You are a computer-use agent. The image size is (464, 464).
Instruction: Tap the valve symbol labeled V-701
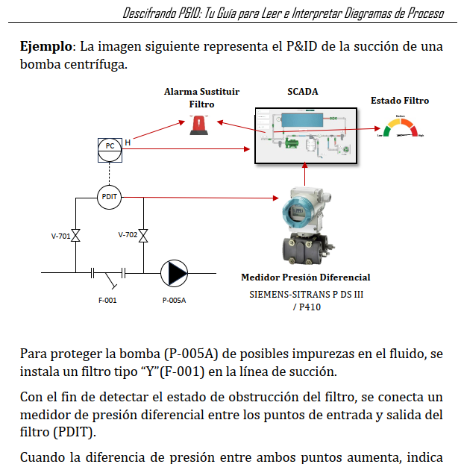pyautogui.click(x=76, y=236)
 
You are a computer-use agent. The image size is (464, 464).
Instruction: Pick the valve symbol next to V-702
pyautogui.click(x=143, y=236)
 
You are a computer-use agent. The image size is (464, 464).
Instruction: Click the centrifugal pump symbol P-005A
pyautogui.click(x=174, y=274)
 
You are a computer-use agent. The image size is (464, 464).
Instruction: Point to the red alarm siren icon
pyautogui.click(x=199, y=125)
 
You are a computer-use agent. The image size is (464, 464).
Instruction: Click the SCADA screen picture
pyautogui.click(x=306, y=136)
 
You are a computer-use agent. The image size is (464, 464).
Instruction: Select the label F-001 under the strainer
pyautogui.click(x=107, y=301)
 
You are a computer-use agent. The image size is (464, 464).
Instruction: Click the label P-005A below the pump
pyautogui.click(x=174, y=301)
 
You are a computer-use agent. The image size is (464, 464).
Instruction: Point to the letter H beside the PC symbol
pyautogui.click(x=128, y=142)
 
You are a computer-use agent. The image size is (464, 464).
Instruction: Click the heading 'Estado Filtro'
pyautogui.click(x=400, y=101)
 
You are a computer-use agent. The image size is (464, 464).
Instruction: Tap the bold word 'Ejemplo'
pyautogui.click(x=46, y=46)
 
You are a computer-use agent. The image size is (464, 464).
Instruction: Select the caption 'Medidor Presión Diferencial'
pyautogui.click(x=306, y=278)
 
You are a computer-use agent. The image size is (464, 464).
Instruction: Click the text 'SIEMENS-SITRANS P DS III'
pyautogui.click(x=307, y=295)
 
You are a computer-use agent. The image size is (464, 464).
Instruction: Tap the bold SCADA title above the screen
pyautogui.click(x=303, y=92)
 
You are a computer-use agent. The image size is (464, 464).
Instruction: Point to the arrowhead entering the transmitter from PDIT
pyautogui.click(x=276, y=198)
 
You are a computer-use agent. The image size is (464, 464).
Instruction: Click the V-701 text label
pyautogui.click(x=60, y=236)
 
